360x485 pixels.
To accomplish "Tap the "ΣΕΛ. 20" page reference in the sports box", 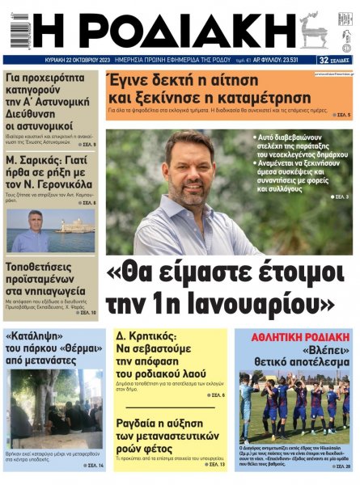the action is (342, 467).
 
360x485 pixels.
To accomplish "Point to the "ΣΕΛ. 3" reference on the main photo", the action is (341, 197).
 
